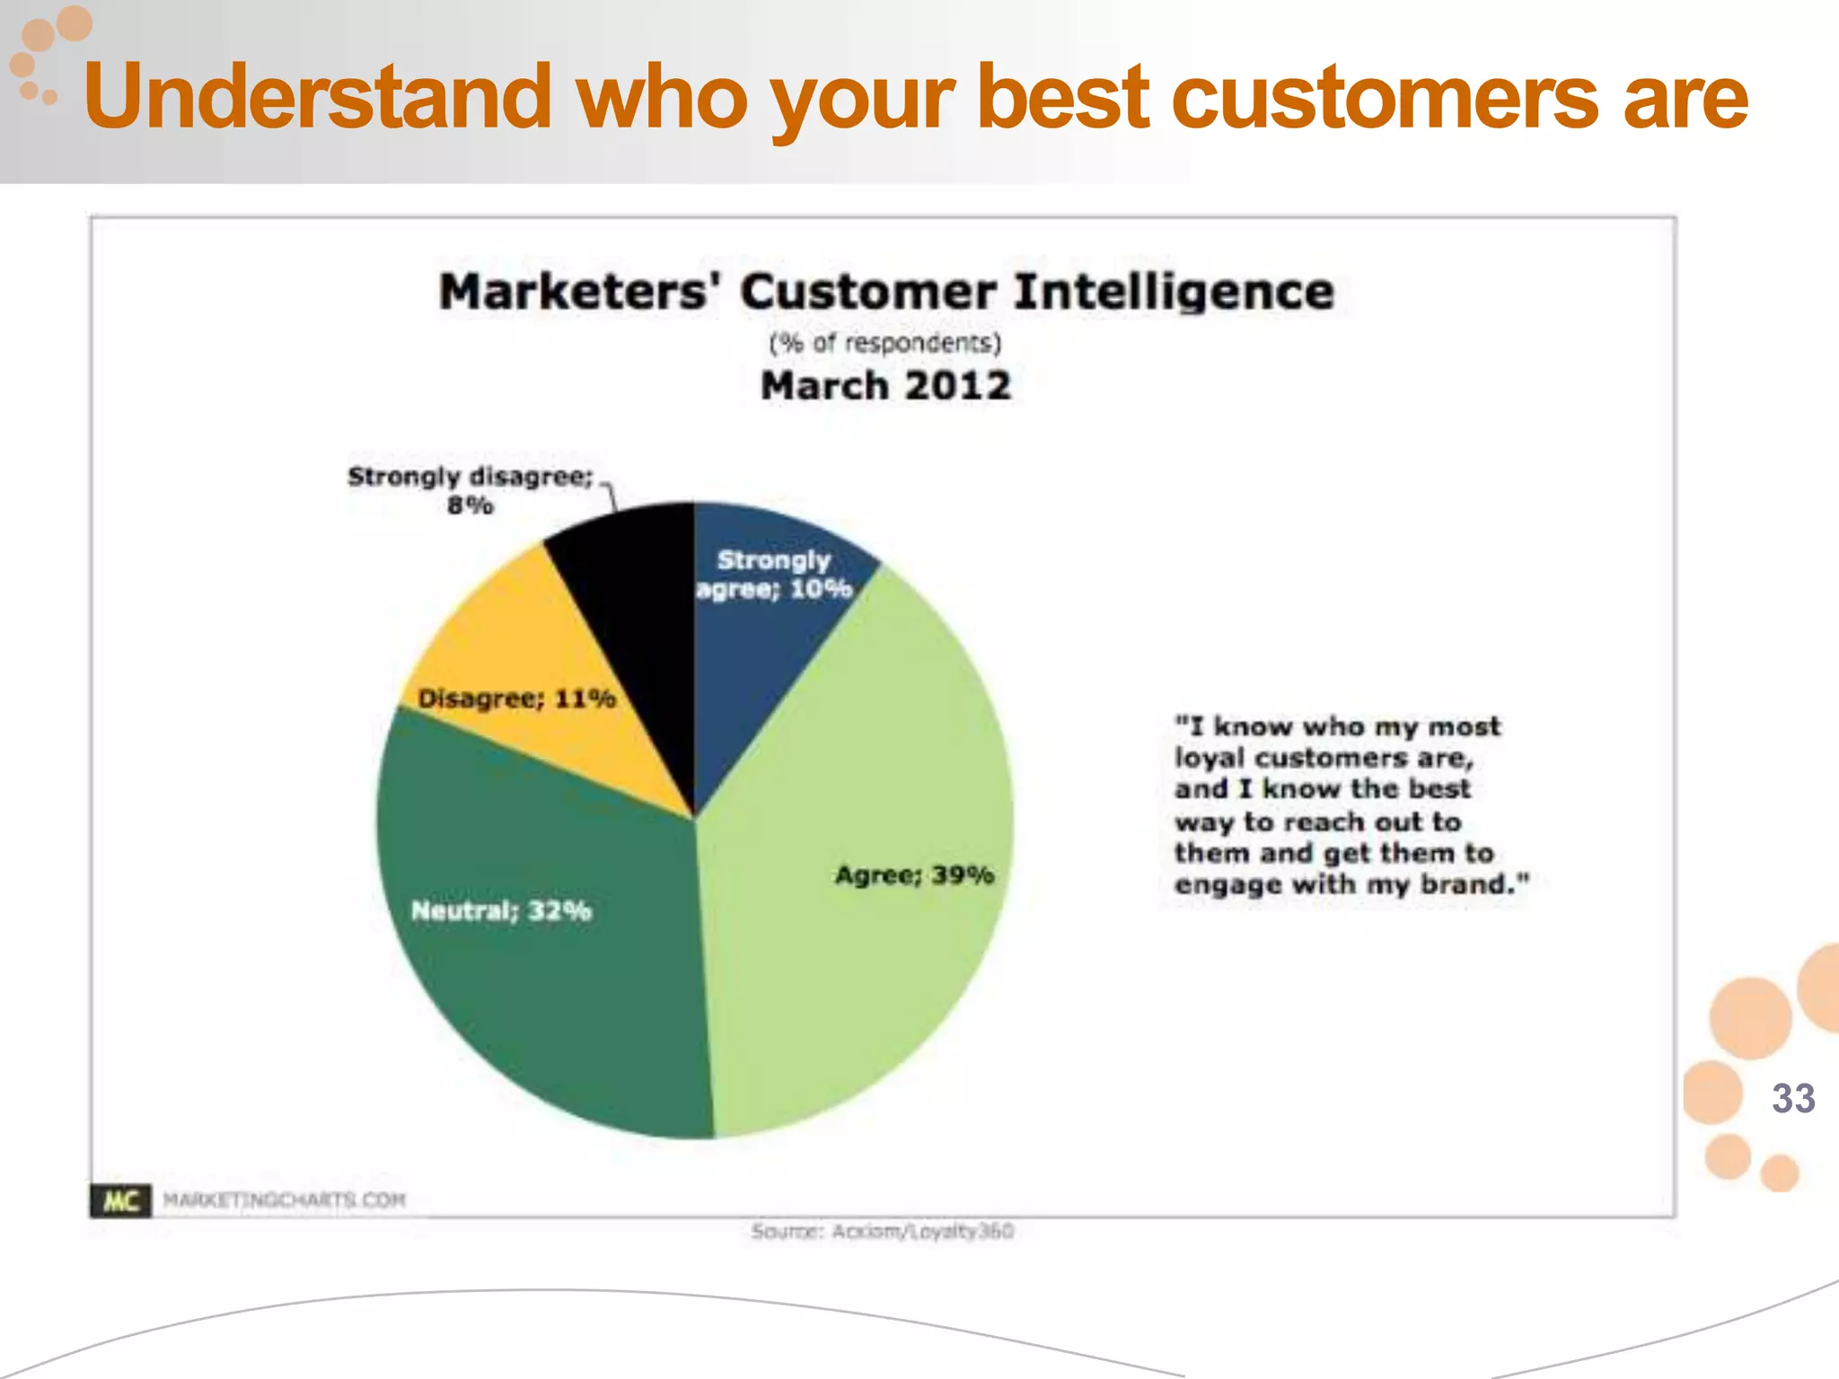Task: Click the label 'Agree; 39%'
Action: pos(914,874)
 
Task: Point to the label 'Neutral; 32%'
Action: pos(501,910)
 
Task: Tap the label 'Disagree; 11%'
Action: pos(516,698)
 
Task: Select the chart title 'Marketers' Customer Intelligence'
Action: pos(886,292)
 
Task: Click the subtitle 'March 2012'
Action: pos(885,386)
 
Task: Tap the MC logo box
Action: pos(120,1200)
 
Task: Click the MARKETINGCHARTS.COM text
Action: pos(284,1200)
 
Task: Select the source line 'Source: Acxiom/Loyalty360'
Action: pos(882,1231)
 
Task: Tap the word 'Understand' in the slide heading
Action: pos(317,97)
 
